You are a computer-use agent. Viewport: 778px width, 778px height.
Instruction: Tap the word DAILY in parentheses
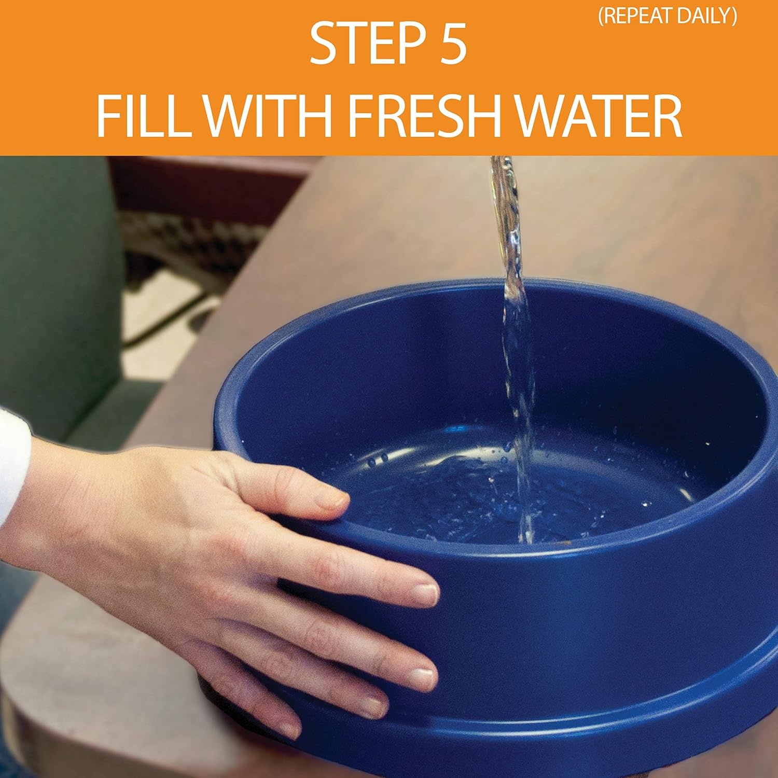(x=708, y=17)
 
